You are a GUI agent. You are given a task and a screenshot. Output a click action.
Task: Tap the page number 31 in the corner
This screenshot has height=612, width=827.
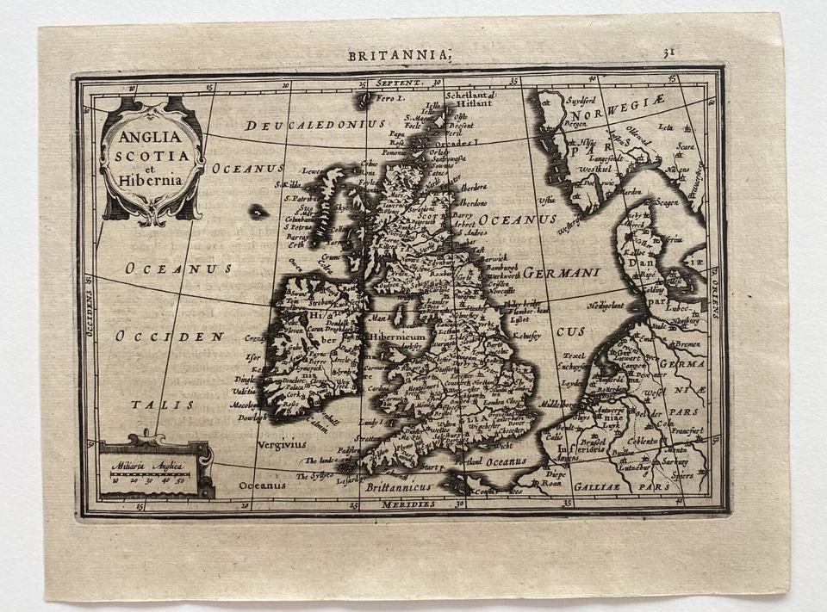tap(668, 53)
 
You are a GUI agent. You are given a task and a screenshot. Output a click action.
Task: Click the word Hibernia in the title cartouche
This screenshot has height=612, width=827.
tap(152, 182)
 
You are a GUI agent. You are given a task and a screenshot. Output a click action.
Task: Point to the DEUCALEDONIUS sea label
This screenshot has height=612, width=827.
tap(315, 126)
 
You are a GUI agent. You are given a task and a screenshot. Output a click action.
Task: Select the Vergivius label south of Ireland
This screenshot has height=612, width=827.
tap(281, 445)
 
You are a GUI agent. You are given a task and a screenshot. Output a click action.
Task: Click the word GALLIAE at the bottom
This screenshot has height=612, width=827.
tap(606, 486)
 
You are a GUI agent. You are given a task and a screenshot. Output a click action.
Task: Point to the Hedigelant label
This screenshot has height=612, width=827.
tap(606, 306)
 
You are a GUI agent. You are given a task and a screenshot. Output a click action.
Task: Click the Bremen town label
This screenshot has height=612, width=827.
tap(687, 344)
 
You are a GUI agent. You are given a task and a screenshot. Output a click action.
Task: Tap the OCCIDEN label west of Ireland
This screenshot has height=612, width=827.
tap(169, 336)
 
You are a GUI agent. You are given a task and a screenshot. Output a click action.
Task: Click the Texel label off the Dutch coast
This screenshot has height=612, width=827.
tap(574, 355)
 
